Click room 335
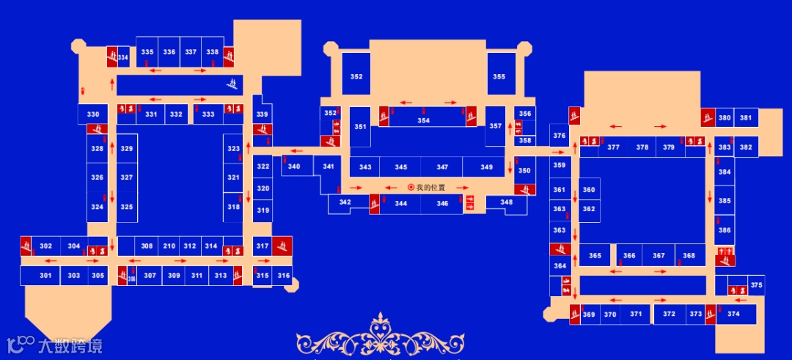pos(147,52)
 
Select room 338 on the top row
pos(213,52)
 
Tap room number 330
pos(93,114)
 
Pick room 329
pos(127,149)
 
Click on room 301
pos(45,276)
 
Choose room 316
pos(283,276)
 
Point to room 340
pos(294,166)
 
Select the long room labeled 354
pos(424,120)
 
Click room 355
pos(499,76)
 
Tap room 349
pos(486,167)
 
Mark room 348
pos(507,202)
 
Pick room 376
pos(559,136)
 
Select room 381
pos(746,118)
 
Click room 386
pos(725,230)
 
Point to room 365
pos(595,256)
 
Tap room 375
pos(756,285)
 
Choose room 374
pos(733,314)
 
